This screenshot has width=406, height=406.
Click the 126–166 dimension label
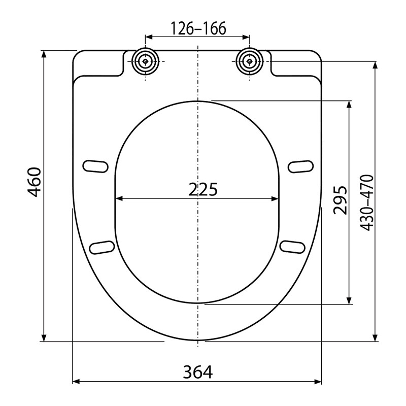198,28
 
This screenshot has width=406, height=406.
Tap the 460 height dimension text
35,182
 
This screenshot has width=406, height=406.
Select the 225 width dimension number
202,189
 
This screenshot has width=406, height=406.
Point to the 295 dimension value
340,200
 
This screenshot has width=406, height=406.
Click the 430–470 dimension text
367,202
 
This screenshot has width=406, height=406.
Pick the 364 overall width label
198,372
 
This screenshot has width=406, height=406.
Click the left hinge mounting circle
145,61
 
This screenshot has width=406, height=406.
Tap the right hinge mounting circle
249,61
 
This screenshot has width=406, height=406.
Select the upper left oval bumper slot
95,166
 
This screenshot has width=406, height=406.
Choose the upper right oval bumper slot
300,166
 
